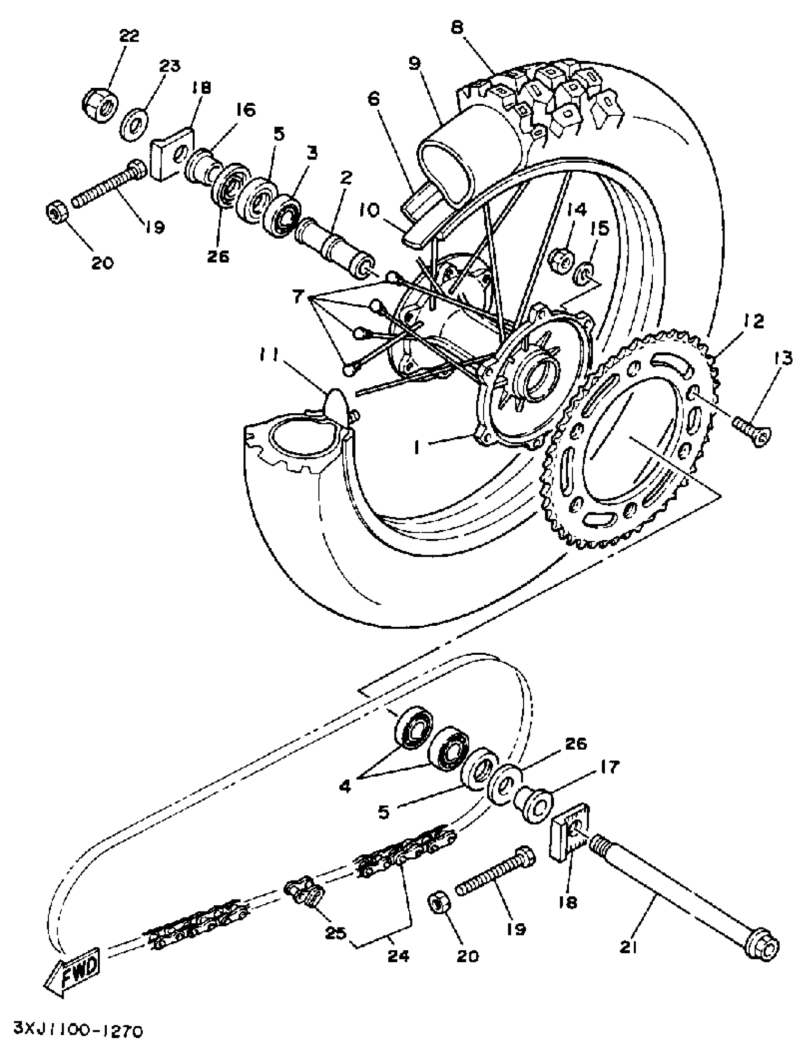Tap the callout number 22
(129, 36)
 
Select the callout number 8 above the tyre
(457, 28)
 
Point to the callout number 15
(600, 229)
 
